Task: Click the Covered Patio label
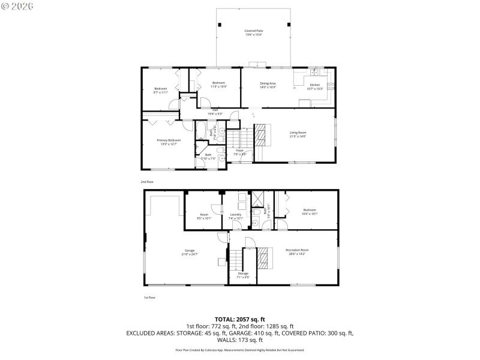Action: (253, 32)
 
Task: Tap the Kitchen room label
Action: (316, 87)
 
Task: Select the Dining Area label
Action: (268, 86)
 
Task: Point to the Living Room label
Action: (298, 135)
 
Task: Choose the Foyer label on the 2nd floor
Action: (239, 152)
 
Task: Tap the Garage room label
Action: (190, 252)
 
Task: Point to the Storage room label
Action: (242, 275)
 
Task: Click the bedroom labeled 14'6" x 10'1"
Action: (310, 211)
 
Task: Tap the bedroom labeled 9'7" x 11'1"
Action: (160, 91)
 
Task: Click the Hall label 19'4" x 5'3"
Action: (215, 112)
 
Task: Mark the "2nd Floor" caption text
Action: (148, 181)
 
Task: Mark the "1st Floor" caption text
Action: (149, 298)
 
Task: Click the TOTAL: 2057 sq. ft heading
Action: (240, 319)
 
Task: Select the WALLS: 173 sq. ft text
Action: (240, 340)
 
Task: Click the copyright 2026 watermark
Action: (18, 5)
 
